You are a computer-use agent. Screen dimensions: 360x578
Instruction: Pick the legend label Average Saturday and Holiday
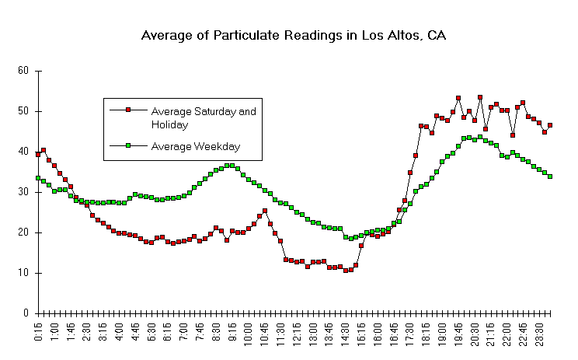[x=203, y=117]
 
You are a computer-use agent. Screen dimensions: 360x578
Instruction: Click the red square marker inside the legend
[x=128, y=111]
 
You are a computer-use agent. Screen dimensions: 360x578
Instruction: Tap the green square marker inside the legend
[x=128, y=145]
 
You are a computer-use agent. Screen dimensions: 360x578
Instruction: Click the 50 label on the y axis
[x=23, y=111]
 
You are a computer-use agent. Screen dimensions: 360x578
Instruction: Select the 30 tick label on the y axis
[x=23, y=192]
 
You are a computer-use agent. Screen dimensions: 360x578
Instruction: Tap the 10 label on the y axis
[x=23, y=273]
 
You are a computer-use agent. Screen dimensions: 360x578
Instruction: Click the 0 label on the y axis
[x=26, y=313]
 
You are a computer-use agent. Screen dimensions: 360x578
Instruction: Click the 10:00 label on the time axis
[x=248, y=334]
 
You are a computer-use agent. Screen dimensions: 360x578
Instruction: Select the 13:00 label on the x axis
[x=312, y=334]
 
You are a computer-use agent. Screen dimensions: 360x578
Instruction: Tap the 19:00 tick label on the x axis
[x=442, y=334]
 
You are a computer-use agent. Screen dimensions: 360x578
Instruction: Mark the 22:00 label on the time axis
[x=507, y=334]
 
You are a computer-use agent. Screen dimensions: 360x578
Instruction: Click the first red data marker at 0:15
[x=38, y=154]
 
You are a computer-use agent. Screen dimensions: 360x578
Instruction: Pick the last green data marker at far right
[x=550, y=177]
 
